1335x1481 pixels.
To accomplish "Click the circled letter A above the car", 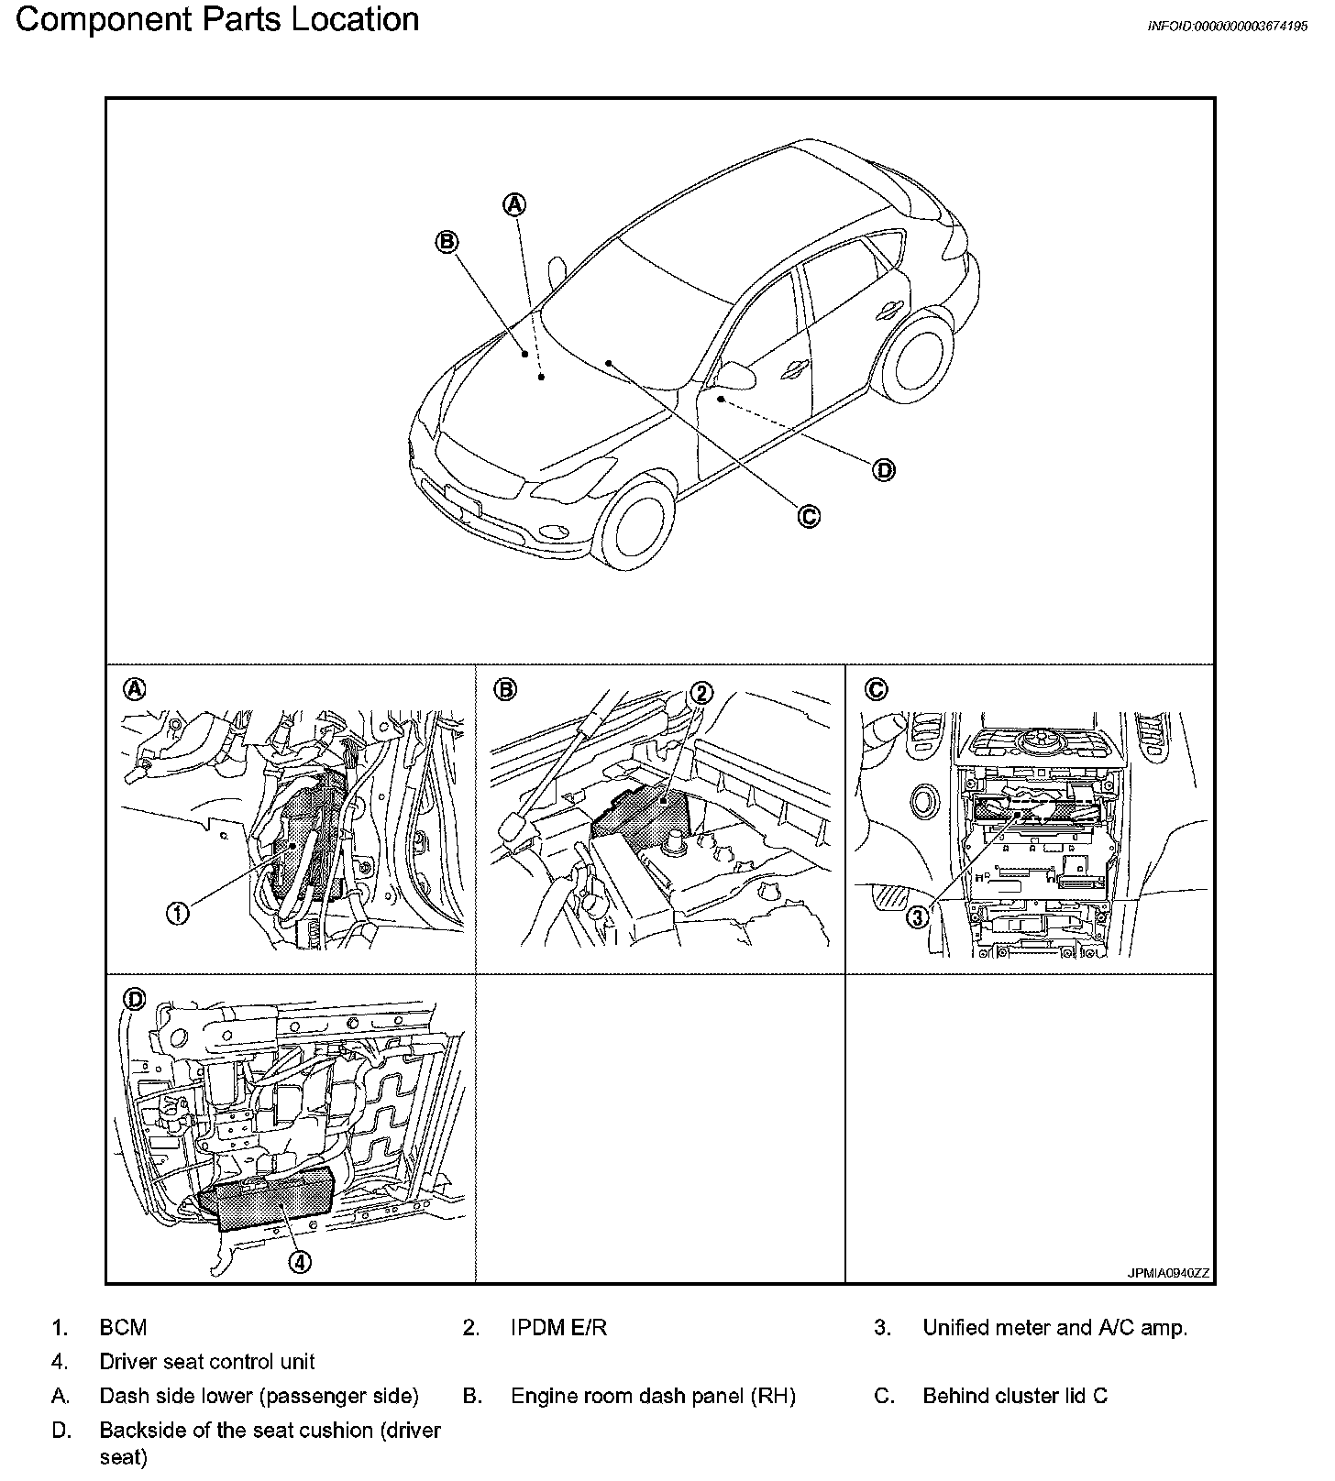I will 515,204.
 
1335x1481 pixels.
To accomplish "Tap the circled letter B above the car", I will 447,242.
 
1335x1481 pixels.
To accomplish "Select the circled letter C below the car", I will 808,517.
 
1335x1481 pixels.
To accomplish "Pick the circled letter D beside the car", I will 883,470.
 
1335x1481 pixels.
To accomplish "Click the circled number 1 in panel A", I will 178,912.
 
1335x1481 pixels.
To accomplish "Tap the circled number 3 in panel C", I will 918,916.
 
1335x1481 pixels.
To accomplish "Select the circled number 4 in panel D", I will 299,1262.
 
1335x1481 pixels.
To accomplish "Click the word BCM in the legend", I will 123,1328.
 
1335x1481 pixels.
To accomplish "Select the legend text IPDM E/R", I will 558,1328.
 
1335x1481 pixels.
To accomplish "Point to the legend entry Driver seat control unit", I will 207,1362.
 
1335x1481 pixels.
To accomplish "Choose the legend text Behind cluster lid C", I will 1015,1396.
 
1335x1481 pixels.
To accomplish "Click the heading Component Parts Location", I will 217,19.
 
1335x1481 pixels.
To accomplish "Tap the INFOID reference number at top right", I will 1227,27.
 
